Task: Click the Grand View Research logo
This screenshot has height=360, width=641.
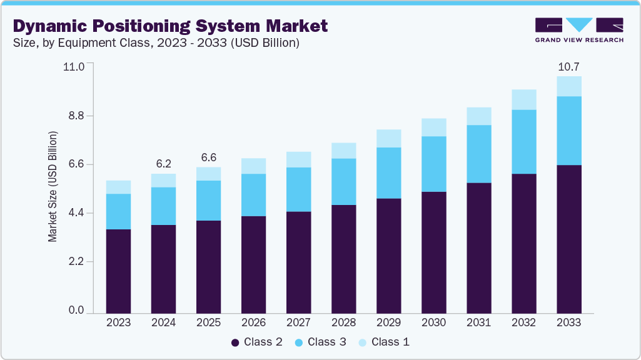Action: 579,29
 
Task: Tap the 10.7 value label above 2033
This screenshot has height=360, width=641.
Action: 568,66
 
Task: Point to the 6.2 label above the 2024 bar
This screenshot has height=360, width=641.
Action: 163,164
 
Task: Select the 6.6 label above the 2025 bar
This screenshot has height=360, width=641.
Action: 208,157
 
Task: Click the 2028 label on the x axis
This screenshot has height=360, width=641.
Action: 343,322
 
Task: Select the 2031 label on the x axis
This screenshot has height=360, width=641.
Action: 478,322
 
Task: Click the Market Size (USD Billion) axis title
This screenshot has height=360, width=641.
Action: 53,187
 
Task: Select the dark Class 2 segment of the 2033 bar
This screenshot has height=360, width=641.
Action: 568,239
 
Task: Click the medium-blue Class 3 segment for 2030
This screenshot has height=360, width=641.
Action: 433,164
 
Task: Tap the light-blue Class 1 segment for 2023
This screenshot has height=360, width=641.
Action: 118,187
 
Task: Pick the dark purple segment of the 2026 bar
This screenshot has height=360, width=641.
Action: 253,264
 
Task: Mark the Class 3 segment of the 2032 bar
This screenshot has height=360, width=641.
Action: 523,141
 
